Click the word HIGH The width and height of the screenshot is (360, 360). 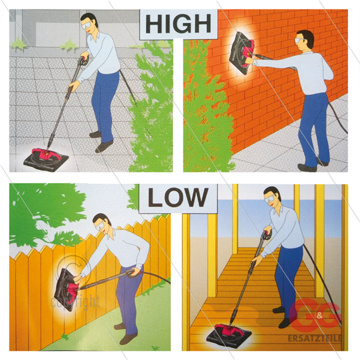(178, 24)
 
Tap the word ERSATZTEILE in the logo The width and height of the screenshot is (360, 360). (315, 338)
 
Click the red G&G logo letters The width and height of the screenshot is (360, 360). (315, 315)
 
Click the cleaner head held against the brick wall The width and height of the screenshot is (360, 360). (242, 53)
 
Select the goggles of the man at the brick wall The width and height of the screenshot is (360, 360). (300, 41)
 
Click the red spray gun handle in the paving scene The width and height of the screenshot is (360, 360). (84, 61)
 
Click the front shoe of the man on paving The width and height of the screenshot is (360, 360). (104, 147)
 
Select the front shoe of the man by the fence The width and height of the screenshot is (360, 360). (128, 338)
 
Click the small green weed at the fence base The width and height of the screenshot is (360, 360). (65, 337)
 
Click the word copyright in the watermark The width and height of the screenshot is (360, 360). (75, 302)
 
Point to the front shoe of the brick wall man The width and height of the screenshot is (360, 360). (307, 167)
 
